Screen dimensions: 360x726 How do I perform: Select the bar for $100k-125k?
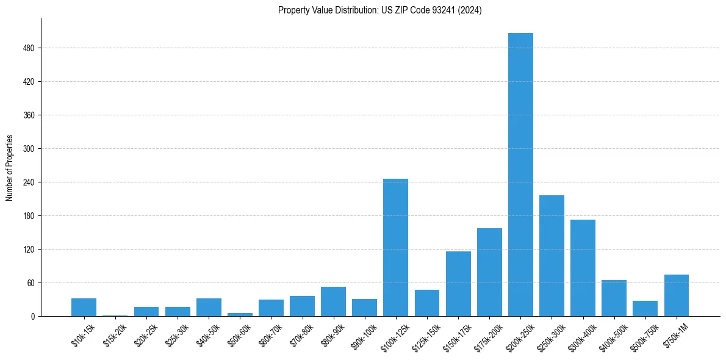coord(395,247)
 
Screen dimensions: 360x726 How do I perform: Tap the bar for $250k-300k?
coord(552,256)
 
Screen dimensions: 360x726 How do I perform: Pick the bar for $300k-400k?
coord(583,268)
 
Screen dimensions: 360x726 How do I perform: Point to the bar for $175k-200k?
coord(489,272)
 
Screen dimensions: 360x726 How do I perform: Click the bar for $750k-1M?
coord(676,295)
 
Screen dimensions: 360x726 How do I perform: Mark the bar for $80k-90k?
coord(333,301)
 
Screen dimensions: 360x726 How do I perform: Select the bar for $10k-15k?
coord(84,307)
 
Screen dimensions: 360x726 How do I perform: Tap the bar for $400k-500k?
coord(614,298)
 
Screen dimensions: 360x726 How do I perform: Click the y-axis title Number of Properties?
coord(9,168)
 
